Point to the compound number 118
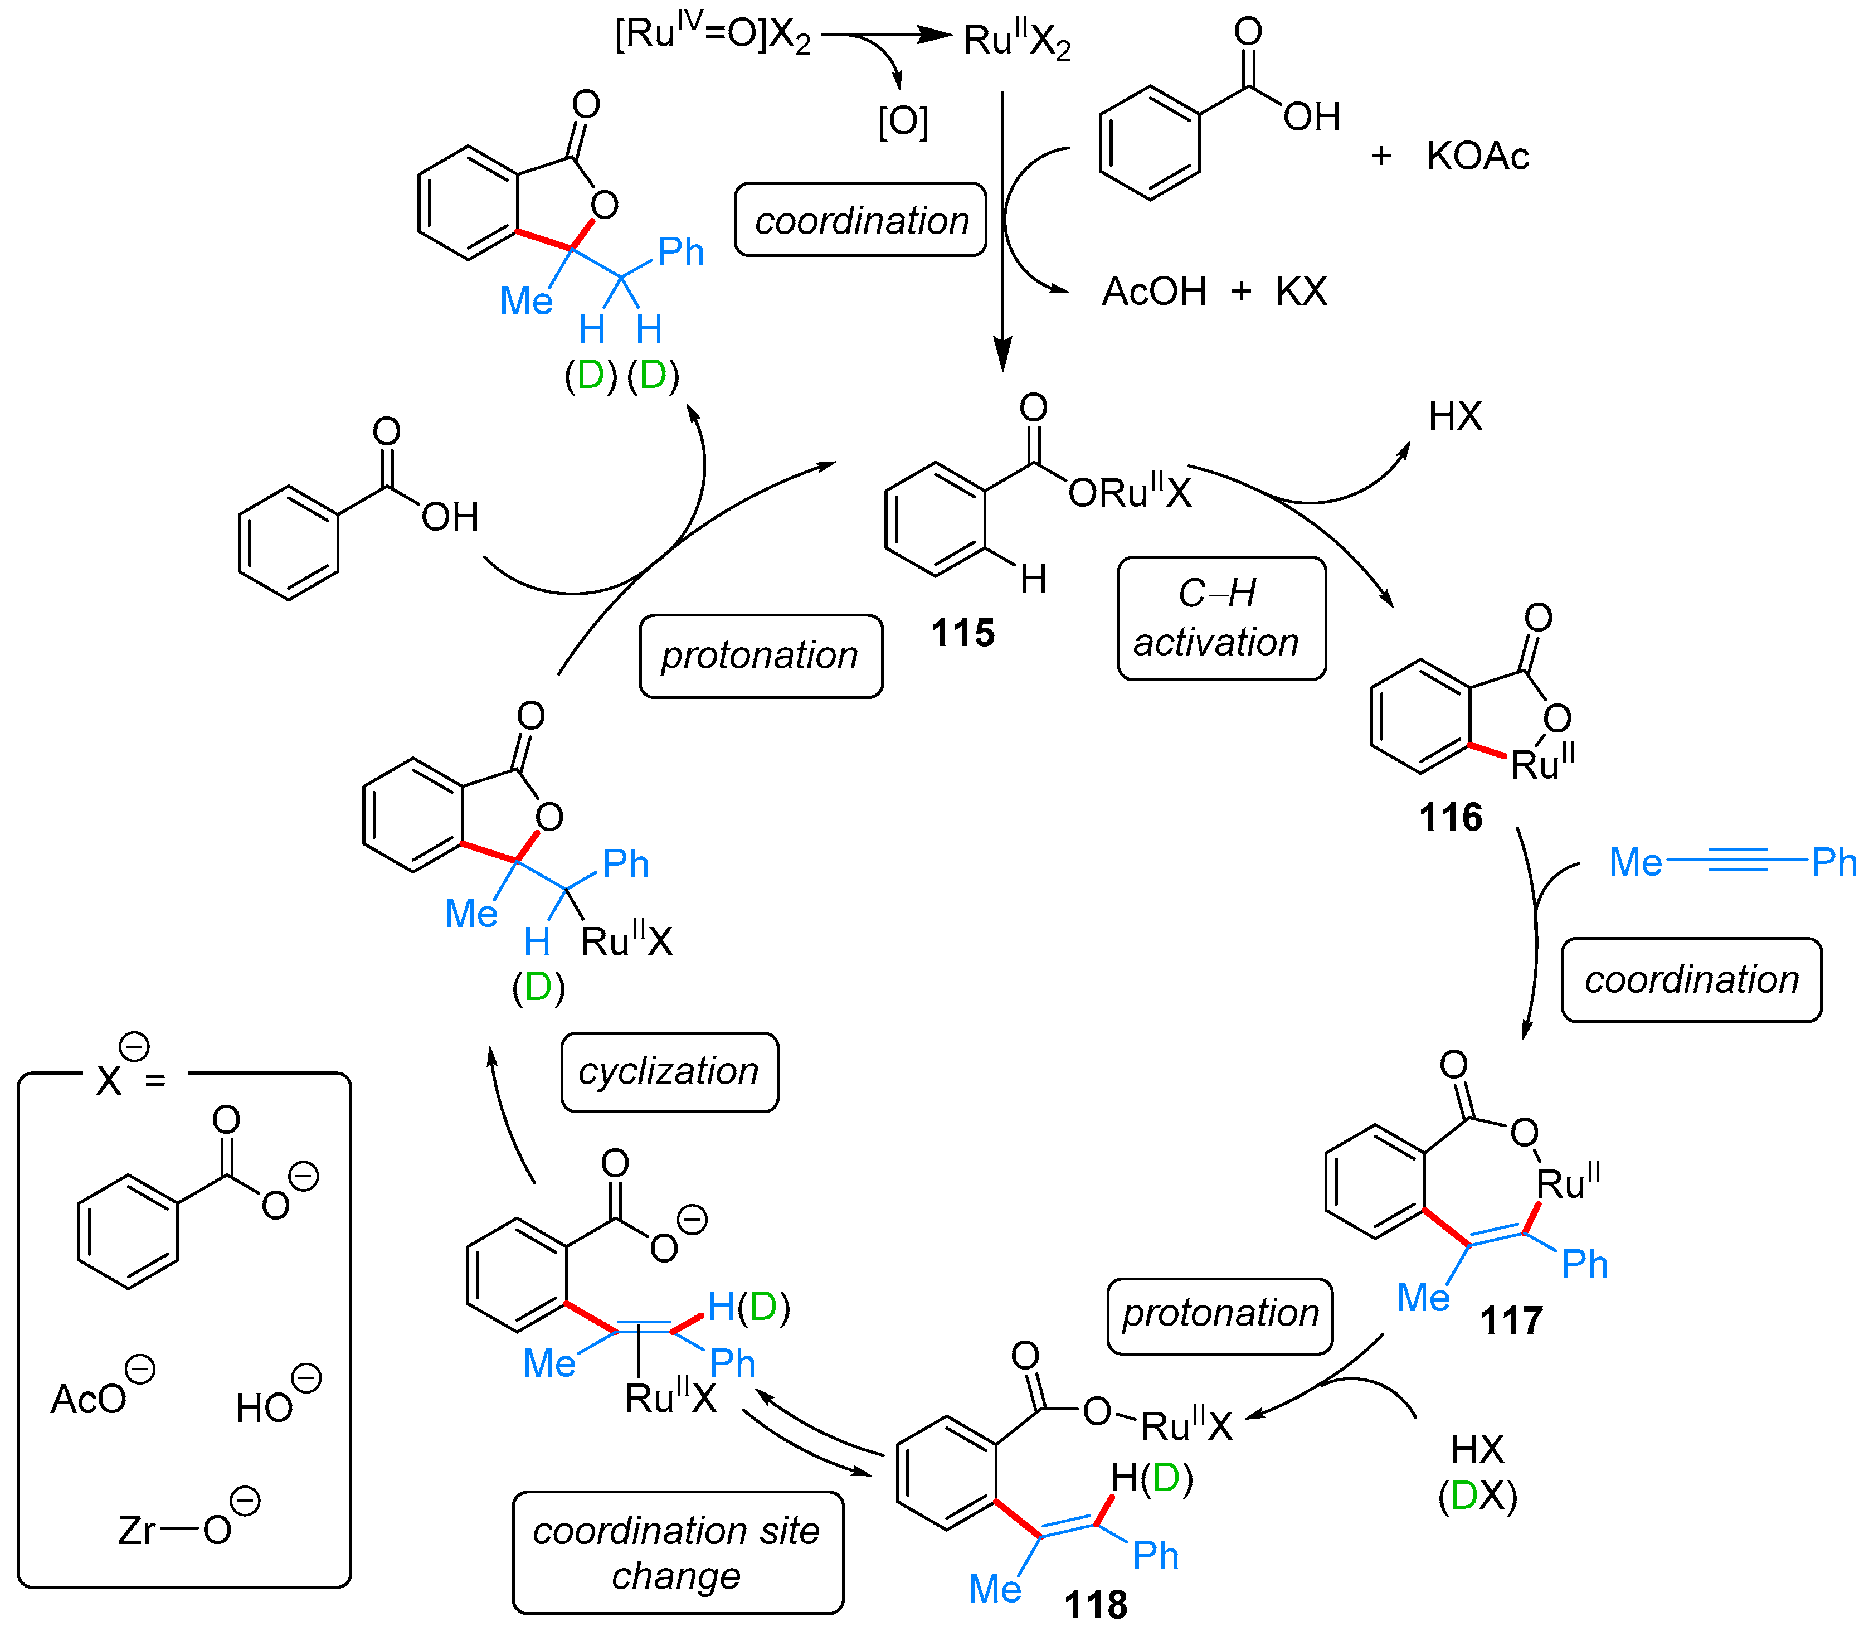click(1095, 1605)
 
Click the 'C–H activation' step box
click(1221, 619)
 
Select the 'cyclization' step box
click(669, 1072)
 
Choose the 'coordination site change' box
click(677, 1553)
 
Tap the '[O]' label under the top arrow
click(903, 122)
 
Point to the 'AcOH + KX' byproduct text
click(1214, 292)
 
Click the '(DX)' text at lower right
click(1477, 1496)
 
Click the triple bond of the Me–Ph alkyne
click(1737, 860)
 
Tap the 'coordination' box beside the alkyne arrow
click(1691, 979)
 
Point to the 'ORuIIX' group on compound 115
click(1130, 493)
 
